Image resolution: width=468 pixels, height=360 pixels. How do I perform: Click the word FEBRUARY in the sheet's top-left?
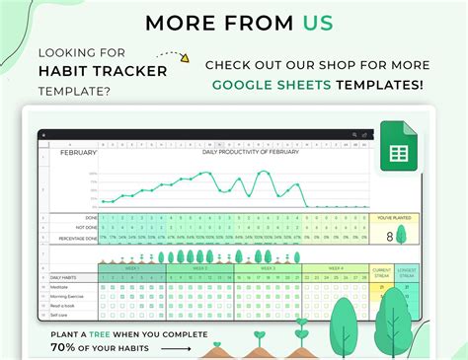click(79, 153)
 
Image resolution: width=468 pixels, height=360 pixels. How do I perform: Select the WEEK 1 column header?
click(130, 267)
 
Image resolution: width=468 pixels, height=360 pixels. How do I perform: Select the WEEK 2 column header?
click(198, 267)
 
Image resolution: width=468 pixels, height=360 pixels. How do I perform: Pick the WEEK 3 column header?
click(266, 267)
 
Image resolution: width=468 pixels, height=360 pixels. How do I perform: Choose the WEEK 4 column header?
click(334, 267)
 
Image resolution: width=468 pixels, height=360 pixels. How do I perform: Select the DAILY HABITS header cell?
click(66, 278)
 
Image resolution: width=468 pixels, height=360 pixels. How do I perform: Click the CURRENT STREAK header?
click(382, 271)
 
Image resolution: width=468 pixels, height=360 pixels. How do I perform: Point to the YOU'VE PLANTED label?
click(395, 218)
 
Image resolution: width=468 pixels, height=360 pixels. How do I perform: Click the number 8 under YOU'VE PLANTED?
click(389, 236)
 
